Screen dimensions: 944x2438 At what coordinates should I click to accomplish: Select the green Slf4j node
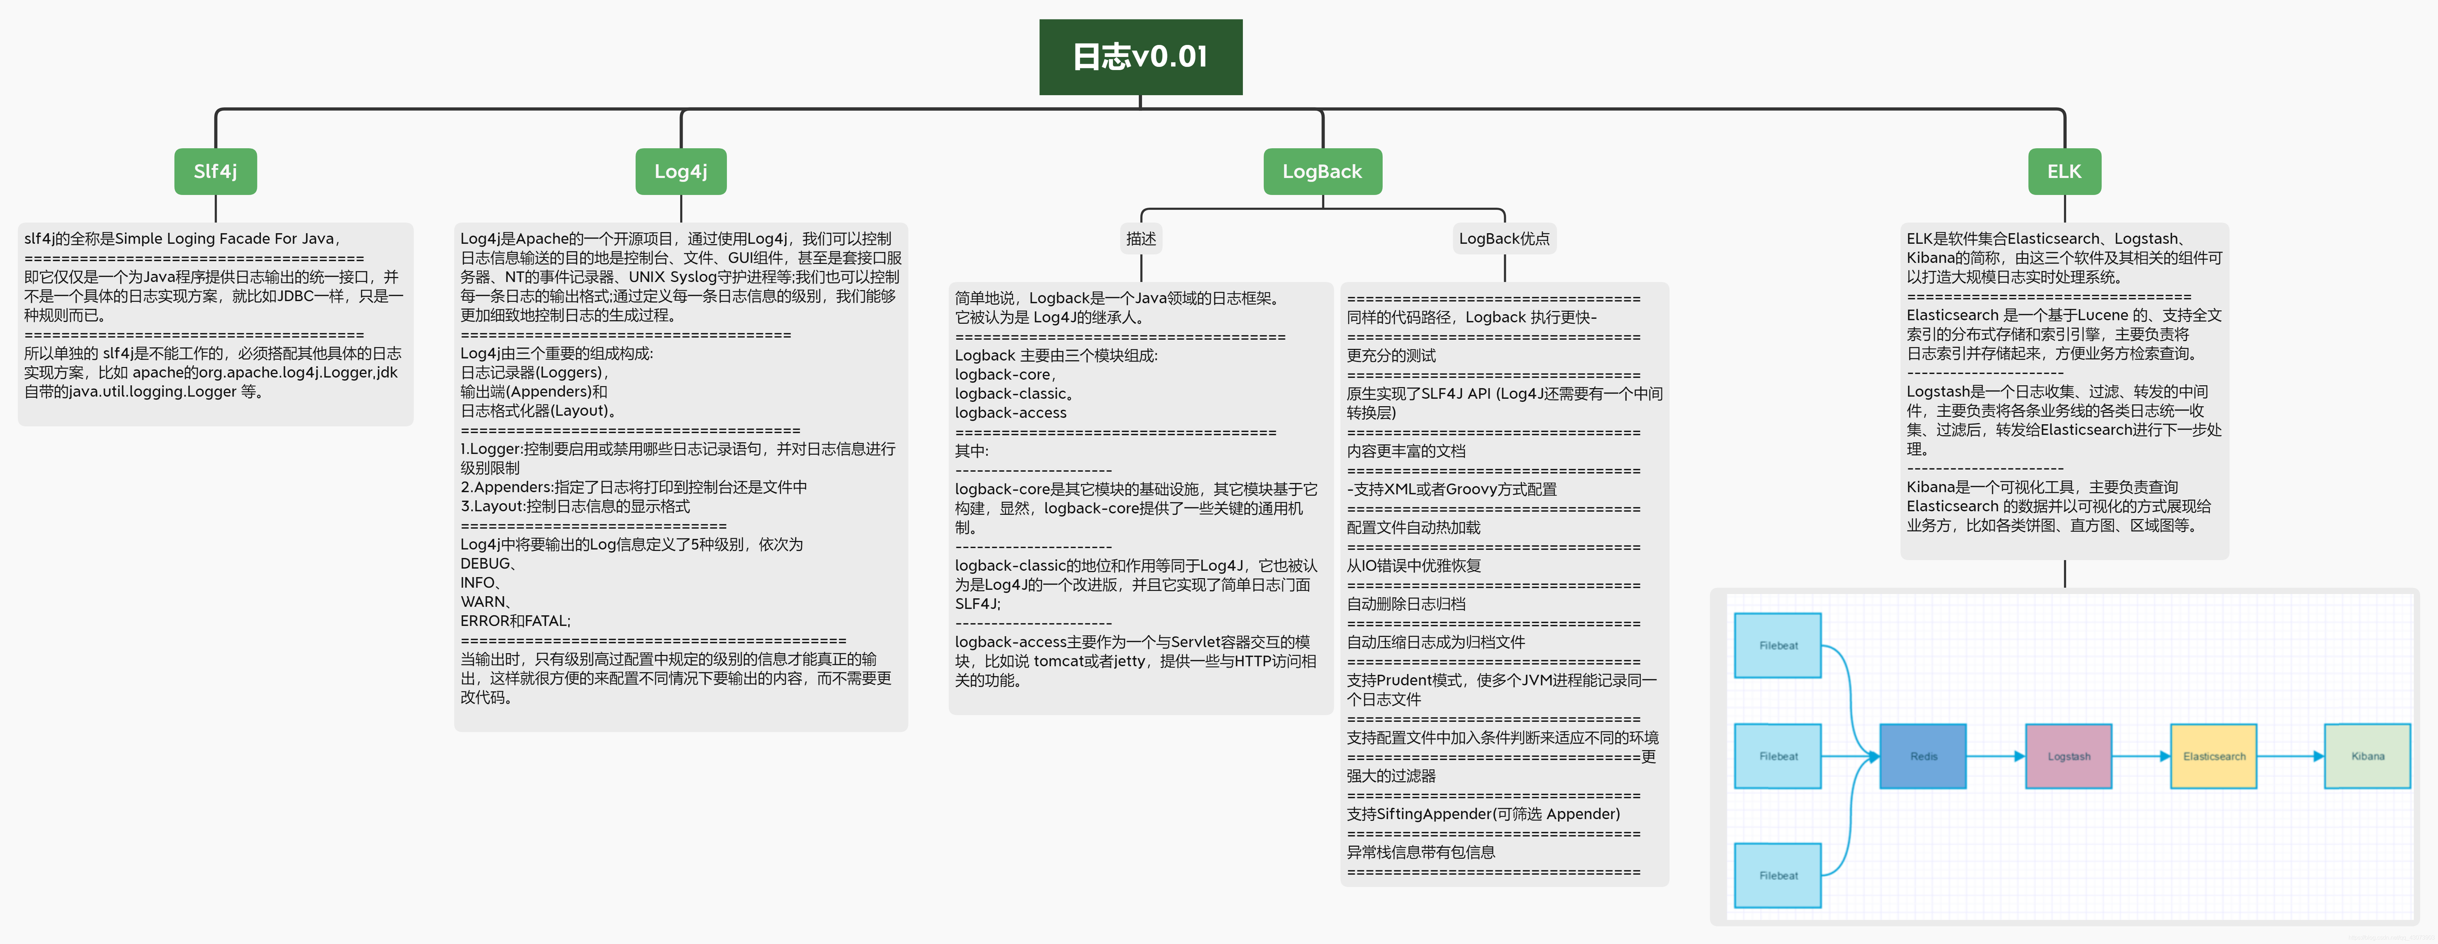click(215, 171)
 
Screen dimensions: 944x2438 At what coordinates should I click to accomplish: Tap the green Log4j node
click(681, 171)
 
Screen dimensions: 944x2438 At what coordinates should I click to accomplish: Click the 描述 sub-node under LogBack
click(1141, 238)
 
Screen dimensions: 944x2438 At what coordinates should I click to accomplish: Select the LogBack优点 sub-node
click(1504, 238)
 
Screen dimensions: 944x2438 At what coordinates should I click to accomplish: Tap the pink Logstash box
click(2068, 756)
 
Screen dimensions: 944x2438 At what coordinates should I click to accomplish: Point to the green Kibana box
click(2367, 756)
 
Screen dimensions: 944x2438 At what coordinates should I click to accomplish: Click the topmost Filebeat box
click(1777, 645)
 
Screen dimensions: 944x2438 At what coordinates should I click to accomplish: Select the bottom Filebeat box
click(1777, 875)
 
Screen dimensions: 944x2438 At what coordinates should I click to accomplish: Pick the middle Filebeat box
click(1777, 756)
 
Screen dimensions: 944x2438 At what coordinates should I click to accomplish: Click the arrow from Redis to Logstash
click(1995, 756)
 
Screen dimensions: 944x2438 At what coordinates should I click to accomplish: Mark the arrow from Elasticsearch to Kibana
click(2290, 756)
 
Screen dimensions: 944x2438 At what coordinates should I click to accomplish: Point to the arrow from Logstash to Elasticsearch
click(2141, 756)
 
